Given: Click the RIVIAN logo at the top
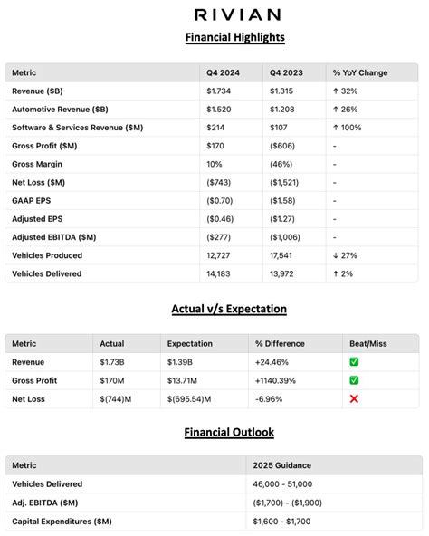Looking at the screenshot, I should pyautogui.click(x=236, y=14).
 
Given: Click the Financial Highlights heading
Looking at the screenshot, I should pyautogui.click(x=235, y=37).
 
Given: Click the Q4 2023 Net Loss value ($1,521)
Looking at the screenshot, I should pyautogui.click(x=287, y=182).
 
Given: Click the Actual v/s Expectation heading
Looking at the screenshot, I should pyautogui.click(x=229, y=309).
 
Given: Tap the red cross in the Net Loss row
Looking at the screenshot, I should pyautogui.click(x=355, y=398).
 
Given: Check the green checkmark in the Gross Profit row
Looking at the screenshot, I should pyautogui.click(x=355, y=380).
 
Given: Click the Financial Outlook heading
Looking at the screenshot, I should pyautogui.click(x=230, y=433).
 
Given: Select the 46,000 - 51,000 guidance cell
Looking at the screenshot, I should pyautogui.click(x=284, y=484).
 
